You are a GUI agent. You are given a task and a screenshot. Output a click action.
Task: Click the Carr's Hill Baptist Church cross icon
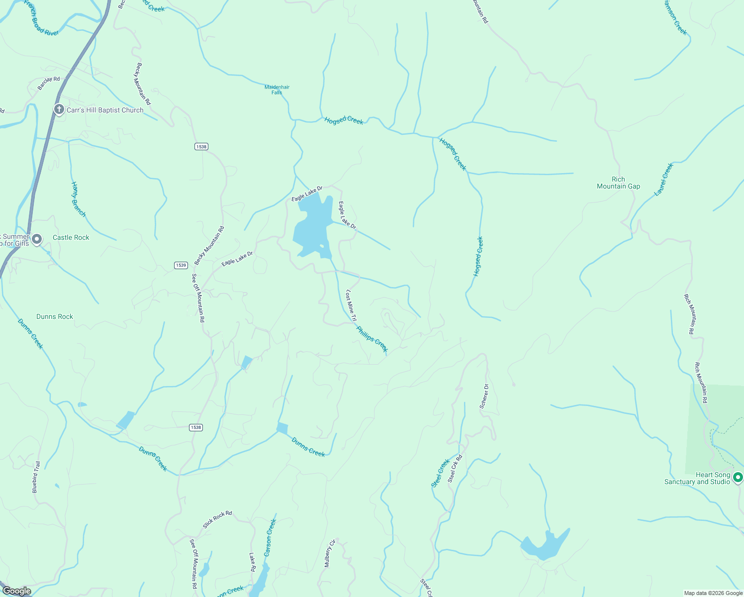59,109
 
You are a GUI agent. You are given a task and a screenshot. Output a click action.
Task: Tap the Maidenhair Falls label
277,90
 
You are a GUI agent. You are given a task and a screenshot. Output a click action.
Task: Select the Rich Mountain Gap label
618,183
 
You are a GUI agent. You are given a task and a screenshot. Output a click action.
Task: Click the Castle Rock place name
71,237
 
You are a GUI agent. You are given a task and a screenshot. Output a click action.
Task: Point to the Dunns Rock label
55,316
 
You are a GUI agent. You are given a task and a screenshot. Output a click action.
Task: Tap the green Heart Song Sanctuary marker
738,477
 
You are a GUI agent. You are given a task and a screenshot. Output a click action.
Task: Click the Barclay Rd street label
49,83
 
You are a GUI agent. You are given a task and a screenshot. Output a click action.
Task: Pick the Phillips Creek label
372,339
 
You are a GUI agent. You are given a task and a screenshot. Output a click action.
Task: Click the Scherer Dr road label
484,397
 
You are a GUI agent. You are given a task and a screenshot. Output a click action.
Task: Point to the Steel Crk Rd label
455,469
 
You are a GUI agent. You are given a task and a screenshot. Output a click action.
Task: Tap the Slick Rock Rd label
217,519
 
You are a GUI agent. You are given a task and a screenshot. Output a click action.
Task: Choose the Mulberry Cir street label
330,553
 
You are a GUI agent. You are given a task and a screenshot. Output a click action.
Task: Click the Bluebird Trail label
36,477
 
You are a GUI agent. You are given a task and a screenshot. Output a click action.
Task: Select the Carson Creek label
270,538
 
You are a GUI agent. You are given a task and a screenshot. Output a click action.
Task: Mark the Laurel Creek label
663,180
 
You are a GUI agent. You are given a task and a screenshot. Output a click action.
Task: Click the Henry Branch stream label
79,199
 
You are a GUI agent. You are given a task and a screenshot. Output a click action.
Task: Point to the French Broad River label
41,19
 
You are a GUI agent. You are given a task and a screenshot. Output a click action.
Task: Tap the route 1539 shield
181,265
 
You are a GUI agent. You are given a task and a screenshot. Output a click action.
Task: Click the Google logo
16,591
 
